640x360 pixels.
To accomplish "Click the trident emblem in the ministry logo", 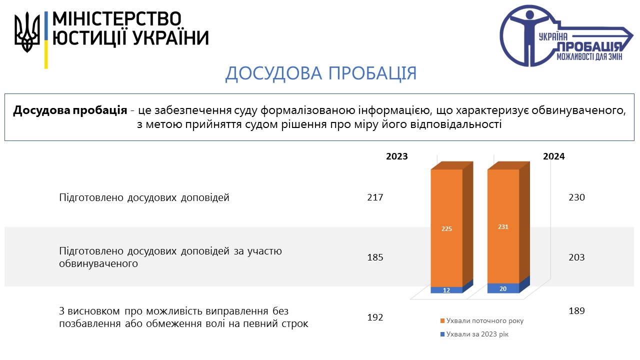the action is (27, 32).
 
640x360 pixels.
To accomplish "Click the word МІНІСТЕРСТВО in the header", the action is (117, 19).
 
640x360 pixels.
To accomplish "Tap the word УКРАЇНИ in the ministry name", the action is (171, 37).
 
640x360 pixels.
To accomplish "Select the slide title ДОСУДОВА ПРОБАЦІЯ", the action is (321, 73).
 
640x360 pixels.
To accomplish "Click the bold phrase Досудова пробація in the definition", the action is (70, 110).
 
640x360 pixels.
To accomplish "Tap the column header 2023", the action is (397, 156).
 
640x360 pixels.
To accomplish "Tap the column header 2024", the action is (553, 156).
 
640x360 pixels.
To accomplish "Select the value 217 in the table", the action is (375, 197).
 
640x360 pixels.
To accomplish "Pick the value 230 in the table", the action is (576, 197).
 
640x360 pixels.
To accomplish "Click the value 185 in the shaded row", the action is (375, 257).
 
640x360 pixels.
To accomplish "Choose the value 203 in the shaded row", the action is (576, 257).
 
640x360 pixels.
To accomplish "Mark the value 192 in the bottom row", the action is (375, 317).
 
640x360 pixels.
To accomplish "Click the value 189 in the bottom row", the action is (576, 311).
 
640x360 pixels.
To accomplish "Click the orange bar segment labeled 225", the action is (446, 228).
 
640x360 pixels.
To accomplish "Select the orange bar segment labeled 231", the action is (503, 226).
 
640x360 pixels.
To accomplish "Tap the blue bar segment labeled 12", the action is (446, 290).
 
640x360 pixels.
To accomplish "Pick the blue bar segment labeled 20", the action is (503, 288).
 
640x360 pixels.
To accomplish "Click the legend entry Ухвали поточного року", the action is (482, 321).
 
